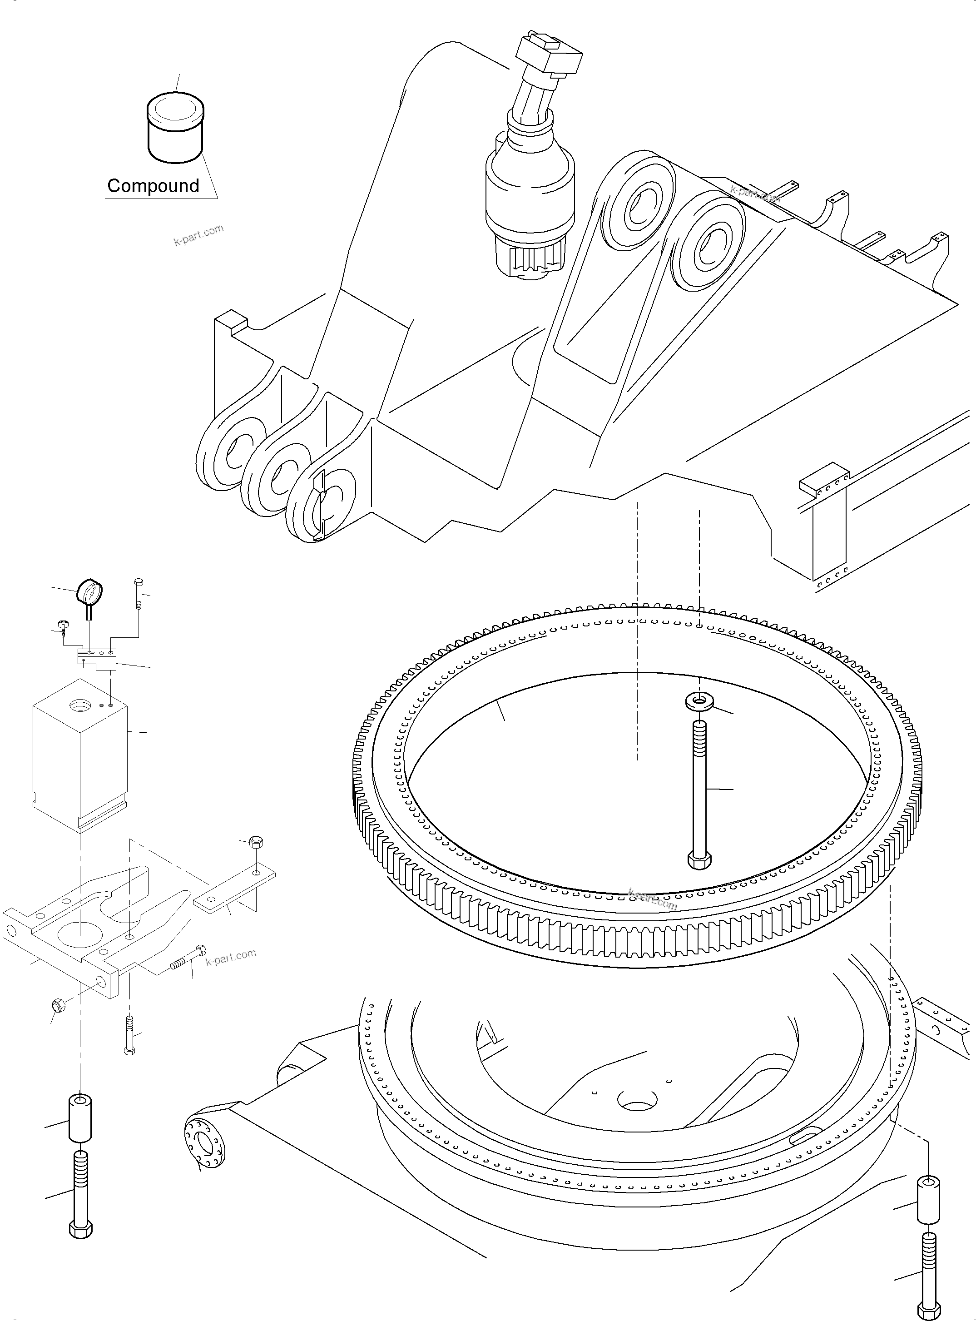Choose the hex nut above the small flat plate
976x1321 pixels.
click(256, 842)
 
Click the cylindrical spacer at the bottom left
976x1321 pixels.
click(80, 1118)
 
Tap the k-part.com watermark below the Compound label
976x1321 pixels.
click(198, 235)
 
